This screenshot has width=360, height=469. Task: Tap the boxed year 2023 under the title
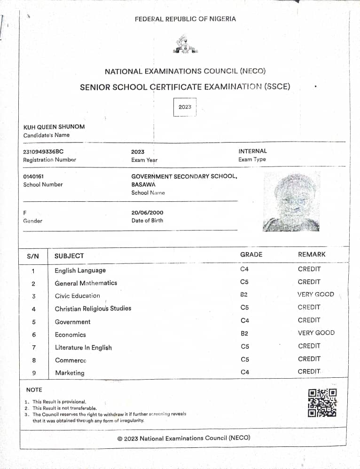coord(185,107)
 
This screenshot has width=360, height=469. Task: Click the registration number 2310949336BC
coord(43,151)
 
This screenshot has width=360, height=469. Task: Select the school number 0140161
coord(33,176)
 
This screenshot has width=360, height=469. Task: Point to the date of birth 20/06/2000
coord(148,213)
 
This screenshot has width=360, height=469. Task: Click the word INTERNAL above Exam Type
coord(252,151)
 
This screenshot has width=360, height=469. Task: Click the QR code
coord(322,402)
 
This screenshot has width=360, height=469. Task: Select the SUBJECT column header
coord(69,256)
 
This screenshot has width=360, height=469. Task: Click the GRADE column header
coord(251,254)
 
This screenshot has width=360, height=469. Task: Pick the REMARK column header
coord(312,254)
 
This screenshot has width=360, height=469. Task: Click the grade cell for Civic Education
coord(244,294)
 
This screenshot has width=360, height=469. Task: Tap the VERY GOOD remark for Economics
coord(316,333)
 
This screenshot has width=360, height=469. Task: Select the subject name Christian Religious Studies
coord(93,309)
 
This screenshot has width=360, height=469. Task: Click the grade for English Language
coord(244,269)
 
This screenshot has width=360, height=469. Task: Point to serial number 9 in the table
coord(33,373)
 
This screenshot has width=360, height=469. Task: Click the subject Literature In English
coord(83,348)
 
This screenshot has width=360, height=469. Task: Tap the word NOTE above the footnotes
coord(34,390)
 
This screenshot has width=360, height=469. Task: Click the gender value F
coord(25,213)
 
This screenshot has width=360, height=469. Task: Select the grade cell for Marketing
coord(244,372)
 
